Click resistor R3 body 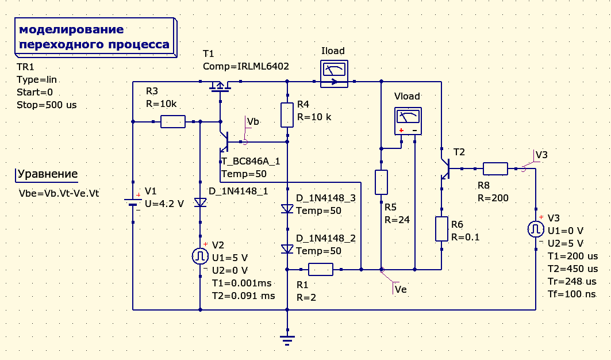tap(172, 121)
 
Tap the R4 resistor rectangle tap(287, 114)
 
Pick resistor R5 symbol tap(381, 182)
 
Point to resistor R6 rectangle tap(441, 229)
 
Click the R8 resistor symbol tap(495, 168)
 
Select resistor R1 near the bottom tap(320, 269)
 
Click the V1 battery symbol tap(133, 203)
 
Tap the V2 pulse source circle tap(200, 256)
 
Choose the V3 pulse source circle tap(536, 229)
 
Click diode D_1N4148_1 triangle tap(200, 202)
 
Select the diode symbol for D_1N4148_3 tap(287, 209)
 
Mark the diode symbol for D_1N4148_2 tap(287, 249)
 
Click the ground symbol tap(287, 339)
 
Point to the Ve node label tap(401, 289)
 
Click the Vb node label tap(253, 121)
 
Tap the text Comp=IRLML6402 tap(245, 66)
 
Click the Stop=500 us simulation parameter tap(47, 105)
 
